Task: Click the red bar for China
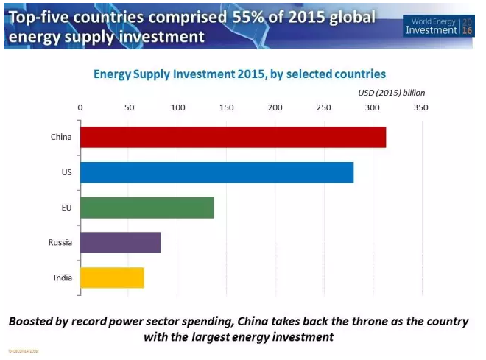[x=233, y=137]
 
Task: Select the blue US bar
[x=216, y=172]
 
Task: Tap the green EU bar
[x=147, y=208]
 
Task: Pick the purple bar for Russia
[x=120, y=242]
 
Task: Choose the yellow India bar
[x=112, y=278]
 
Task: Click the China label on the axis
[x=60, y=137]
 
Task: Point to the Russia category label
[x=59, y=242]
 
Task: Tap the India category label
[x=61, y=278]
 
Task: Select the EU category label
[x=66, y=208]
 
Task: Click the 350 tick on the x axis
[x=421, y=107]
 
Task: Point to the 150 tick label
[x=226, y=107]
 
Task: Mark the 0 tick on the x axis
[x=80, y=107]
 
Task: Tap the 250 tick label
[x=323, y=107]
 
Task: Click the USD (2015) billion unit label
[x=391, y=93]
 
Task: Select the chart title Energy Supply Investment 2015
[x=239, y=74]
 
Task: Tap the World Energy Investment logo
[x=440, y=25]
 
